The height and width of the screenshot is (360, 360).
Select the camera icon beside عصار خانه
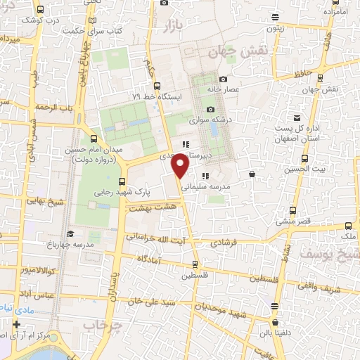coord(224,79)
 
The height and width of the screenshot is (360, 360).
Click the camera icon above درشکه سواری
coord(210,109)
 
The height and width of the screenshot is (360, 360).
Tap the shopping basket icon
coord(252,174)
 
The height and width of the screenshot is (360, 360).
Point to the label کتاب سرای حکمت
coord(83,30)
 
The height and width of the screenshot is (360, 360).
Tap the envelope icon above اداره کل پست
coord(297,117)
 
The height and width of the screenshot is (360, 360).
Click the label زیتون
coord(275,29)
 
